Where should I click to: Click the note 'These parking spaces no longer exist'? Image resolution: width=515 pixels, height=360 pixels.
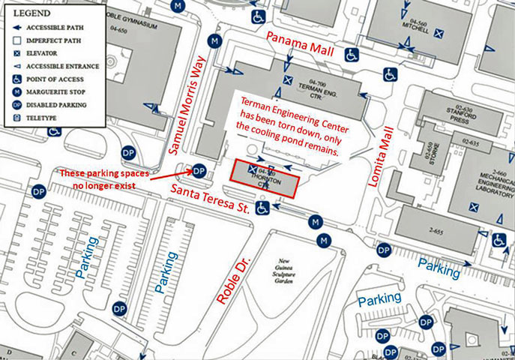(103, 179)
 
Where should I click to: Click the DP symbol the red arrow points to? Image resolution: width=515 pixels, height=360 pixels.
(199, 171)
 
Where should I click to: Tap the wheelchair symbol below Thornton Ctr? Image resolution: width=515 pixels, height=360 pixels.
(262, 207)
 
